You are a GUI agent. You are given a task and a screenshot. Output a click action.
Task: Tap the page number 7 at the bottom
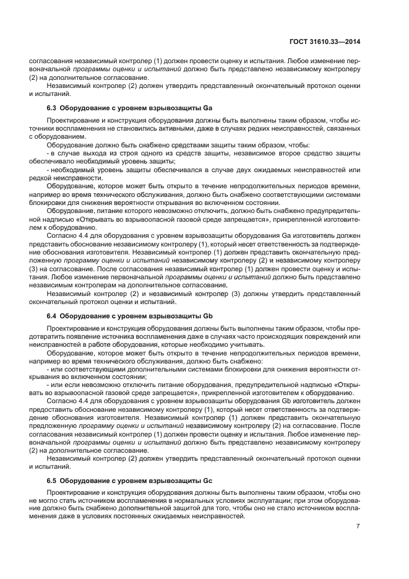pyautogui.click(x=358, y=526)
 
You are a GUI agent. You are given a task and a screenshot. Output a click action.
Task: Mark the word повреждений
pyautogui.click(x=325, y=336)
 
